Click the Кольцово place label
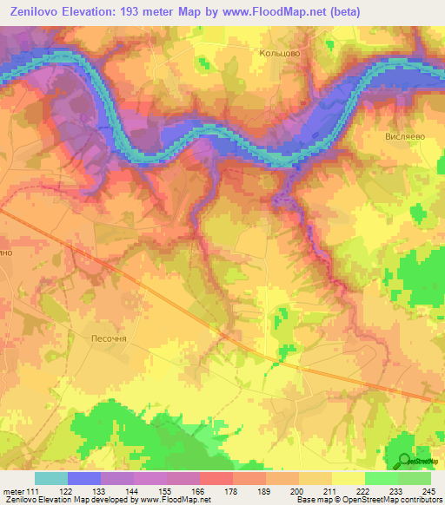coord(280,53)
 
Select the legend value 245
coord(426,491)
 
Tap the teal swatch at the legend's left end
coord(50,478)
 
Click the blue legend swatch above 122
coord(83,478)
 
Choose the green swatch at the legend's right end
coord(415,478)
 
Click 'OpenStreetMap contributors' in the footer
coord(401,501)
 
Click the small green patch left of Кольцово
coord(205,64)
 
